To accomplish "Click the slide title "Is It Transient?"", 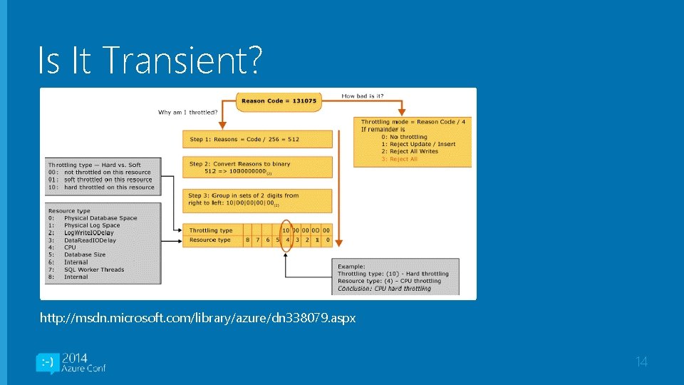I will point(150,61).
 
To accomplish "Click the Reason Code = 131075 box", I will point(279,101).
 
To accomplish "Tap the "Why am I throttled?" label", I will point(188,112).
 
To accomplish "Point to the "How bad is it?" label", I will point(363,96).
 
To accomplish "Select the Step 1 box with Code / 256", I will point(258,139).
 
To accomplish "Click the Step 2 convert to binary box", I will point(258,168).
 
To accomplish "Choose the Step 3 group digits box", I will point(258,200).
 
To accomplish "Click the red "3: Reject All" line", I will point(399,159).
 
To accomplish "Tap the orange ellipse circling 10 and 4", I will point(286,235).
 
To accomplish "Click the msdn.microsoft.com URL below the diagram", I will point(197,318).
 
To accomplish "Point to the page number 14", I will point(641,362).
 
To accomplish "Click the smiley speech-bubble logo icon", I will point(47,363).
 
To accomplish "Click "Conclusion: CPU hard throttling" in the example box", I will point(384,289).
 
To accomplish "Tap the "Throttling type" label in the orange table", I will point(212,230).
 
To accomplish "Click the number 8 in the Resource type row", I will point(247,240).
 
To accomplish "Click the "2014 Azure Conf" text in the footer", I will point(84,363).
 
